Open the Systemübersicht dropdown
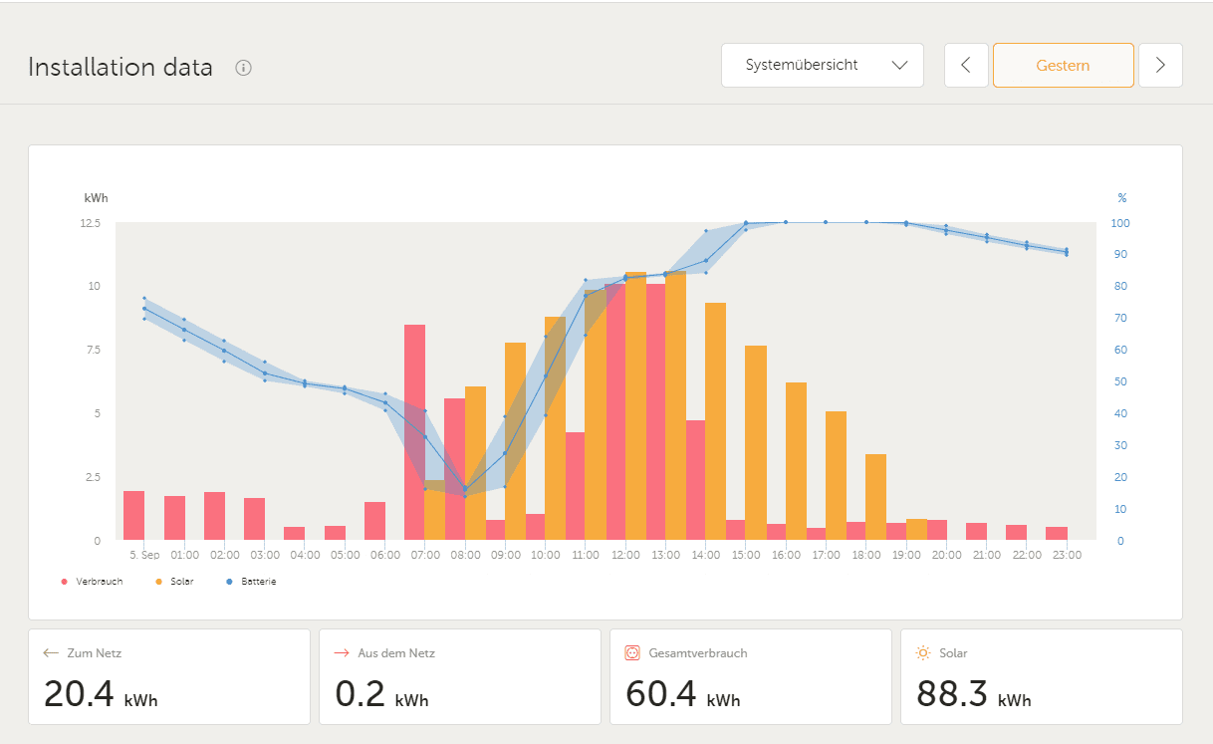(822, 66)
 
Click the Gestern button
(1063, 66)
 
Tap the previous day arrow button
(965, 66)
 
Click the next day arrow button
(1160, 66)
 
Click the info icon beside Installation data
(243, 68)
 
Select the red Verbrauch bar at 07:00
(414, 432)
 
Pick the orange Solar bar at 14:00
(715, 421)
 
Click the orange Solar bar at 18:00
(875, 497)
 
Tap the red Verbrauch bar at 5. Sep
(133, 516)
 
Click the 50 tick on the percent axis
(1121, 382)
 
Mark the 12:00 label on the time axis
(625, 555)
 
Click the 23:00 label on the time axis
(1067, 555)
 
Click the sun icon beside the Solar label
(923, 653)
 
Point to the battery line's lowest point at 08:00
(465, 489)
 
